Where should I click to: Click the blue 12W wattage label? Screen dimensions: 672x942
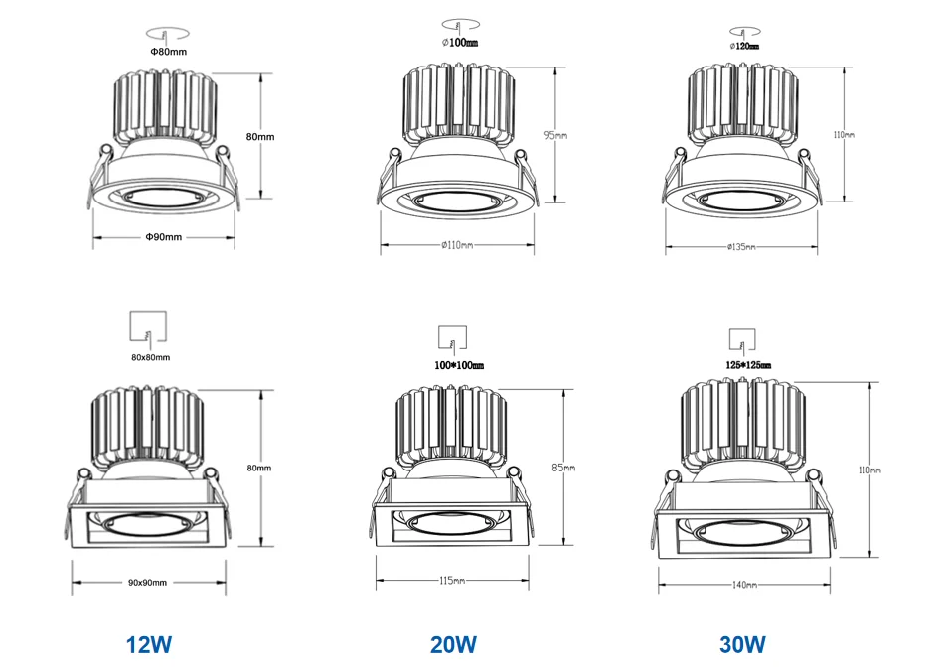(x=149, y=644)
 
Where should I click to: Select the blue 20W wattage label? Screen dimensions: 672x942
(x=453, y=644)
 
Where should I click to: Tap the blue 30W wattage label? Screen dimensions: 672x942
(x=742, y=644)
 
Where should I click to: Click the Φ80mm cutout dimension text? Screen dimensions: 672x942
(x=168, y=51)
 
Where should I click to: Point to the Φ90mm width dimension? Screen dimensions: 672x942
(x=163, y=237)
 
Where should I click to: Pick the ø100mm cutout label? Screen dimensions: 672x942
(x=459, y=44)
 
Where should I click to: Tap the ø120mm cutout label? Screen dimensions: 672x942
(x=744, y=46)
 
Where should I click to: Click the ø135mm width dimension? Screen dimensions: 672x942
(x=741, y=246)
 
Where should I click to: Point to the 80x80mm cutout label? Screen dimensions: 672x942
(x=150, y=357)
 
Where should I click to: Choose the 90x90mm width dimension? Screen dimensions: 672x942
(x=148, y=582)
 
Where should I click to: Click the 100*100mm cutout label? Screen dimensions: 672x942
(x=459, y=366)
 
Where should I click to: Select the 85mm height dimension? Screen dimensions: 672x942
(x=563, y=467)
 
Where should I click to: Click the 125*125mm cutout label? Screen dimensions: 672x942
(x=744, y=365)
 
